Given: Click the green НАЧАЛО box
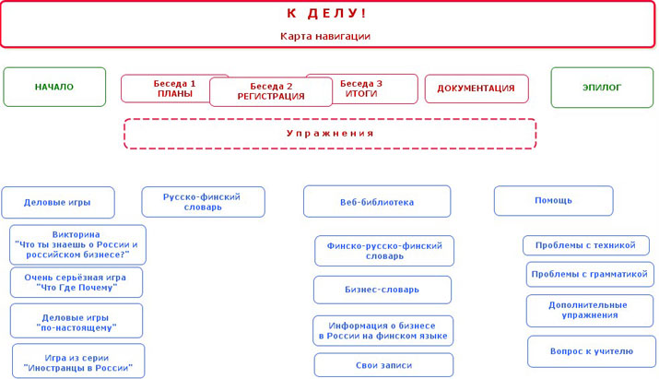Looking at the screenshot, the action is point(54,87).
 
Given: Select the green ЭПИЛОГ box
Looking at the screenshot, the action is point(602,88).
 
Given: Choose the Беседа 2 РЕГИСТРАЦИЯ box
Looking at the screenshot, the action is point(271,91).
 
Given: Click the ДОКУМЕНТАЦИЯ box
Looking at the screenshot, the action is point(477,89).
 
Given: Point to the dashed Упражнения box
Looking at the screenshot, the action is point(330,134).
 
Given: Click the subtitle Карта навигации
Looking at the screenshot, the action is point(325,36).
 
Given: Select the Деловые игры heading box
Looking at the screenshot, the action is point(58,202).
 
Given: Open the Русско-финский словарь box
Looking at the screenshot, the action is point(203,202).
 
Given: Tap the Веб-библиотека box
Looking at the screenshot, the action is point(377,202).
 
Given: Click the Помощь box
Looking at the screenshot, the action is point(554,201).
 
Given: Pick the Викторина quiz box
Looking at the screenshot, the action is point(77,244).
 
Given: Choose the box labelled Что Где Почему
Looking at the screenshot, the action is point(76,283).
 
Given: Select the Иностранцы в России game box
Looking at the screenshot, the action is point(78,361).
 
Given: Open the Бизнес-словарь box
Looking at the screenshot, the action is point(382,290).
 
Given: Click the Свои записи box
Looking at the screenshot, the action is point(383,365).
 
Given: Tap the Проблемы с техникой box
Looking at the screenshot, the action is point(586,245).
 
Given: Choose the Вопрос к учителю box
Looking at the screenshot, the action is point(592,351).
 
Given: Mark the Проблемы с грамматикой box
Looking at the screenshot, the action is point(590,274).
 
